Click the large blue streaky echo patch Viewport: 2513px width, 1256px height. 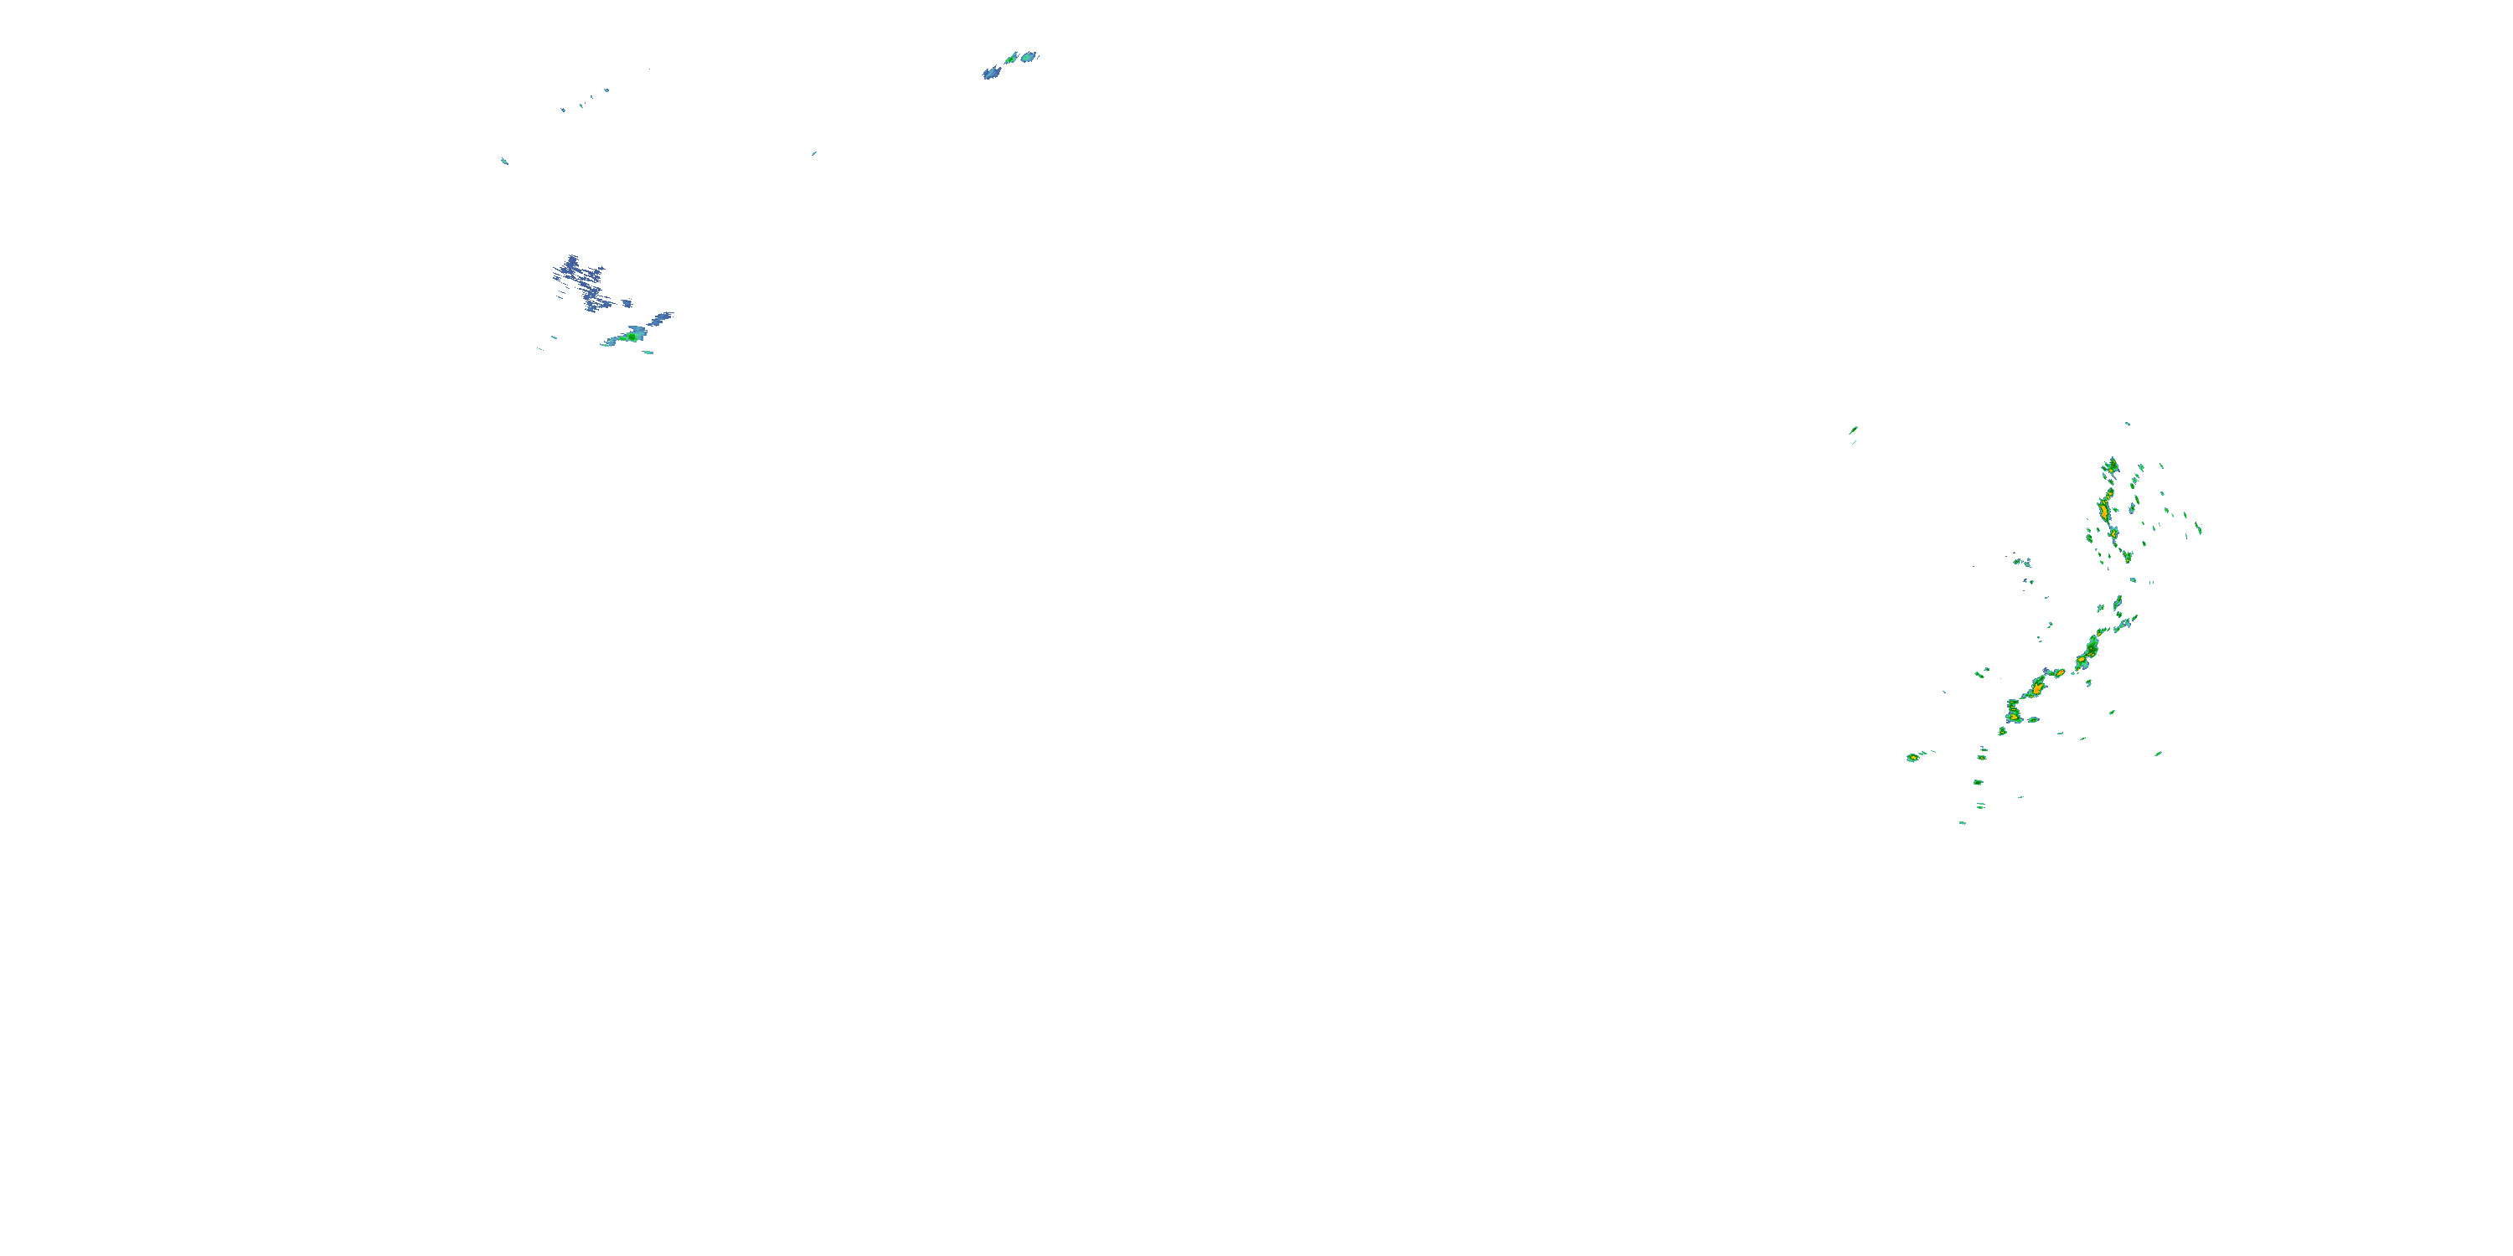(x=581, y=281)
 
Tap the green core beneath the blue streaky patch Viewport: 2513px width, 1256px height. (x=632, y=337)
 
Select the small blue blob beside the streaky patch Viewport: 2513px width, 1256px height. (x=627, y=302)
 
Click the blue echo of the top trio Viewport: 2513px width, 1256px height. (x=992, y=72)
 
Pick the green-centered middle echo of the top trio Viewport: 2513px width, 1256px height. (x=1012, y=59)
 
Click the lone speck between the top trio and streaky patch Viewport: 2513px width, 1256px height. (x=813, y=153)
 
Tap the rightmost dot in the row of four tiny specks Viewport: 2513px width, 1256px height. (x=606, y=90)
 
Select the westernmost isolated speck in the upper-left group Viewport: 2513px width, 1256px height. (x=504, y=161)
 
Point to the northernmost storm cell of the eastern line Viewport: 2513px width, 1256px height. (x=2111, y=466)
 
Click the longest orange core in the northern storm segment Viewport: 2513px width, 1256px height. (x=2105, y=509)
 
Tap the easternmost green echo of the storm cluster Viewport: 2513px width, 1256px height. (x=2199, y=528)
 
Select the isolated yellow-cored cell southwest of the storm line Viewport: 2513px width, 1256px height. (x=1913, y=757)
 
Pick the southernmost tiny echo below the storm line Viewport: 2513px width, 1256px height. (x=1963, y=822)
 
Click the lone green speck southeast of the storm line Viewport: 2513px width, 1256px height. (x=2158, y=753)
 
